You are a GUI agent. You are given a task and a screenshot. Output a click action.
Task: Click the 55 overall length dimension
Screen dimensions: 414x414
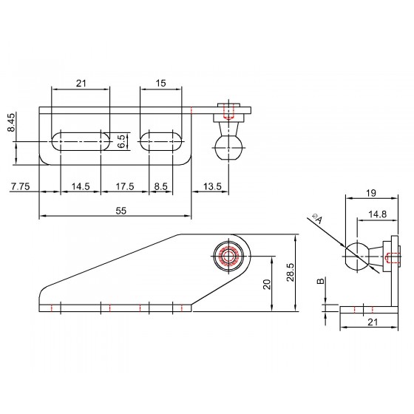(x=121, y=211)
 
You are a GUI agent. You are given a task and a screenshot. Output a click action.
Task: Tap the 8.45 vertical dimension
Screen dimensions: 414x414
(x=12, y=122)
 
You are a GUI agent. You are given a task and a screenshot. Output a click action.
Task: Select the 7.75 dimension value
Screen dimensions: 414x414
(x=20, y=186)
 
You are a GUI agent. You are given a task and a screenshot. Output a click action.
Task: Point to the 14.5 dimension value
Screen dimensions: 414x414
(x=81, y=186)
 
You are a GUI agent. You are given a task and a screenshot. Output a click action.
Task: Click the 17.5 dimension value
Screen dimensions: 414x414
(x=125, y=186)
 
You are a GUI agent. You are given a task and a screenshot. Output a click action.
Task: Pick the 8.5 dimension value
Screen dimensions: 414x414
(x=161, y=186)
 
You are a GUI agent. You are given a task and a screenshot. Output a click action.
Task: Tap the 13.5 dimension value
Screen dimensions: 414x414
(x=212, y=186)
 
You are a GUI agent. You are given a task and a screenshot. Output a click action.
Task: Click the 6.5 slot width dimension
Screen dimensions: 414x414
(x=121, y=141)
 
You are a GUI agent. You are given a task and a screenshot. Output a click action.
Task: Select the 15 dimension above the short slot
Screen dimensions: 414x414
(x=160, y=83)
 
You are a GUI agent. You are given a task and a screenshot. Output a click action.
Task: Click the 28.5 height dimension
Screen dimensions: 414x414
(x=291, y=272)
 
